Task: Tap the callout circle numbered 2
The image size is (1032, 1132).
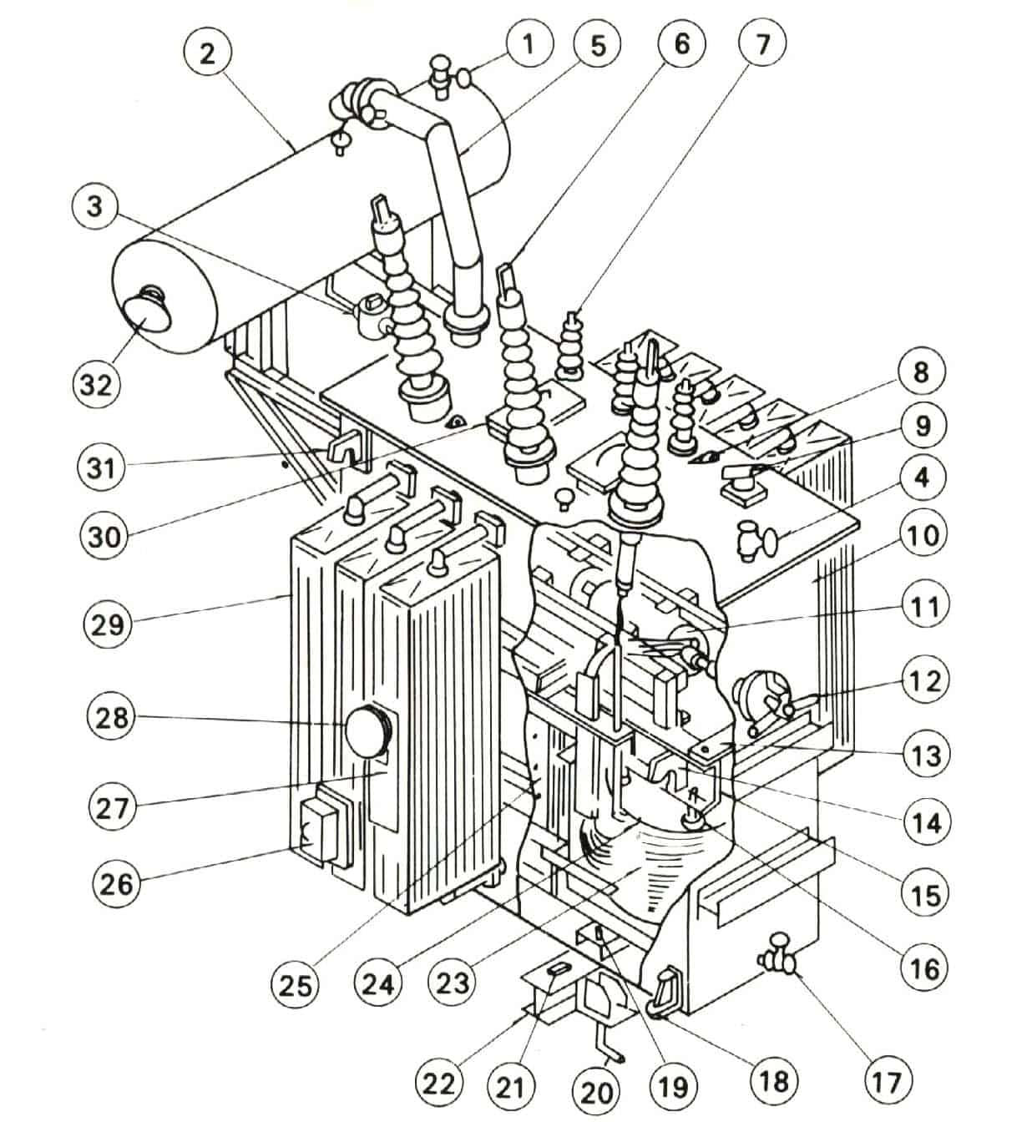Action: pyautogui.click(x=206, y=53)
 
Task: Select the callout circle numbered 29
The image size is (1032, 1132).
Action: pyautogui.click(x=108, y=624)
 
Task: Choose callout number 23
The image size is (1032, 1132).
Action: pyautogui.click(x=453, y=982)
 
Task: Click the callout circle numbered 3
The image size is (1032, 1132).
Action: pyautogui.click(x=94, y=205)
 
